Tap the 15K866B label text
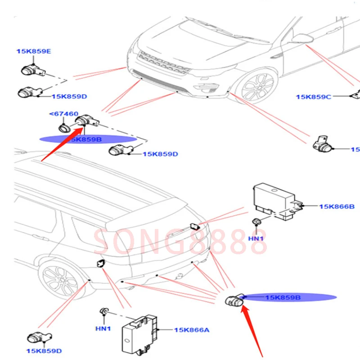[337, 206]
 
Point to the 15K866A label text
[192, 330]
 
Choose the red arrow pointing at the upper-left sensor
[61, 142]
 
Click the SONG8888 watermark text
[180, 242]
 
